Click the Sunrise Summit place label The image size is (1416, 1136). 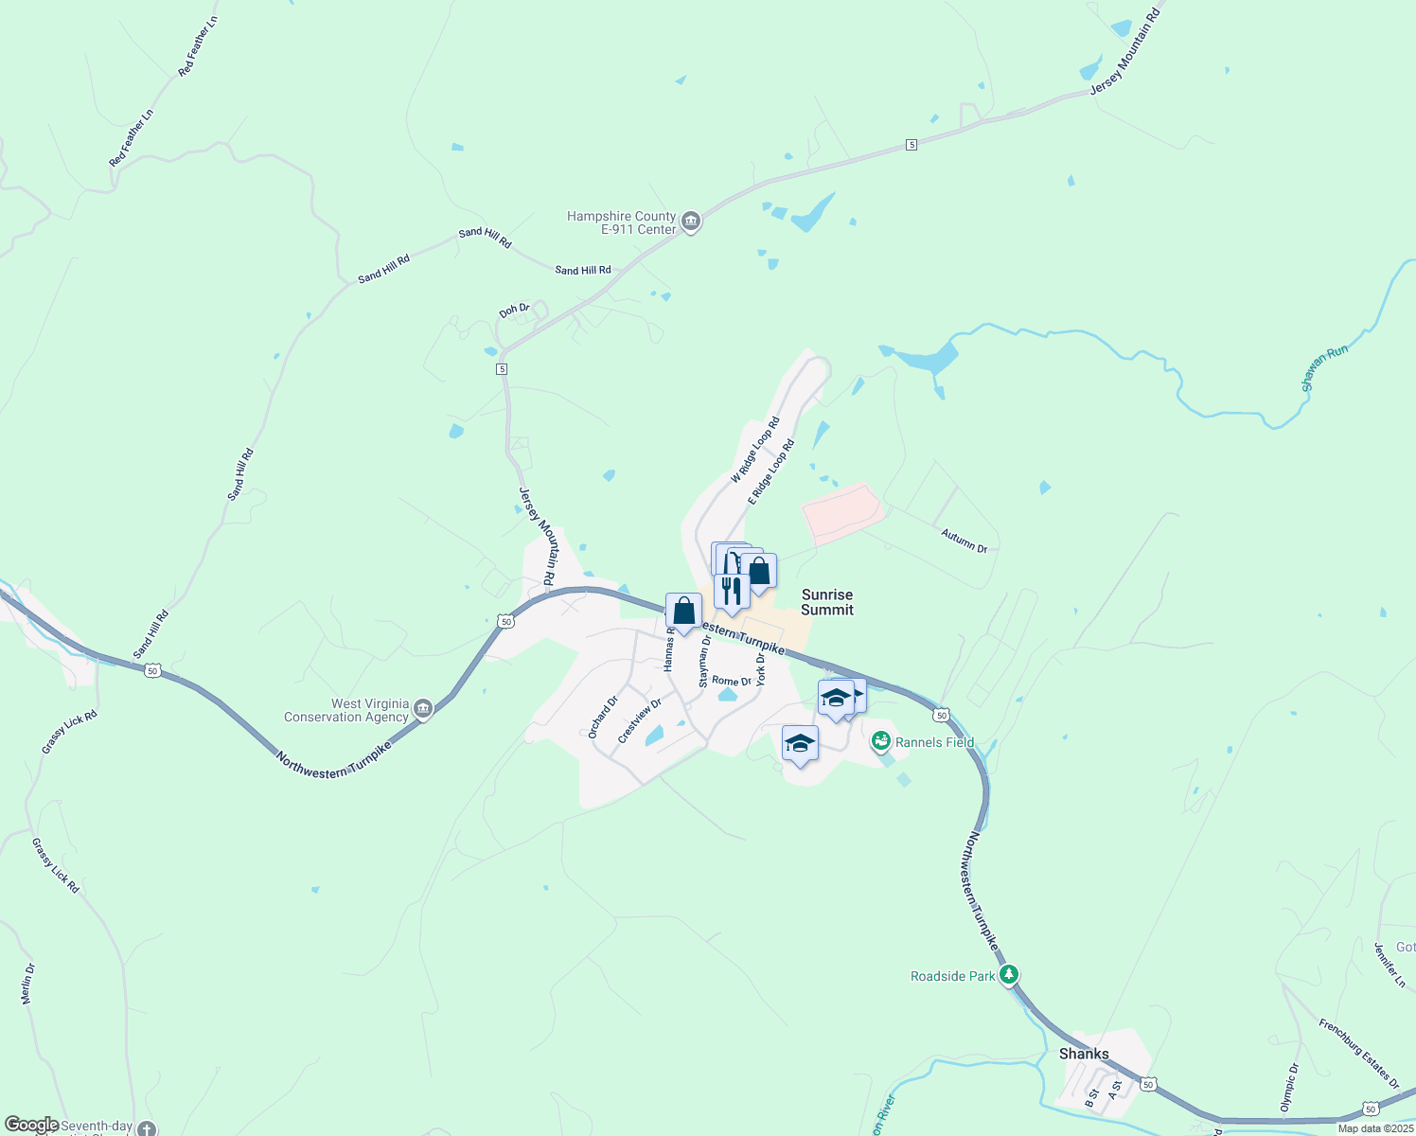[827, 602]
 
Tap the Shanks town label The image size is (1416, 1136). [1084, 1054]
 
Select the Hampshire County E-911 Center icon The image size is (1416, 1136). [691, 222]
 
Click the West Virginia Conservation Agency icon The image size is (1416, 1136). [423, 709]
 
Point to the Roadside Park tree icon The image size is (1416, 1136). [1009, 974]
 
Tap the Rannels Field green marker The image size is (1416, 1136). [881, 741]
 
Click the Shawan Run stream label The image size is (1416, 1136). [1324, 368]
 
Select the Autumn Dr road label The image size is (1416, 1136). [964, 541]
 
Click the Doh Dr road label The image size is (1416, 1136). [514, 310]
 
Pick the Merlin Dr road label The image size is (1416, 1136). [27, 984]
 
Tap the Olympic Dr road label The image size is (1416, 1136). [1289, 1087]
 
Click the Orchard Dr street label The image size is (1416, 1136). [602, 717]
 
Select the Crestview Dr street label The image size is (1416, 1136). [639, 720]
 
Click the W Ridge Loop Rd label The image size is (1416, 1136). [754, 450]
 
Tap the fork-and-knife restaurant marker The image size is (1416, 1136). [731, 591]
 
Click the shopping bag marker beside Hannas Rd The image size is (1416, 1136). [683, 612]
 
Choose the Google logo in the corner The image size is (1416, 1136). [31, 1125]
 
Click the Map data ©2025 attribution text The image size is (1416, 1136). [1375, 1128]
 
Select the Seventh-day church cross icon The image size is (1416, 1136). [146, 1128]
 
